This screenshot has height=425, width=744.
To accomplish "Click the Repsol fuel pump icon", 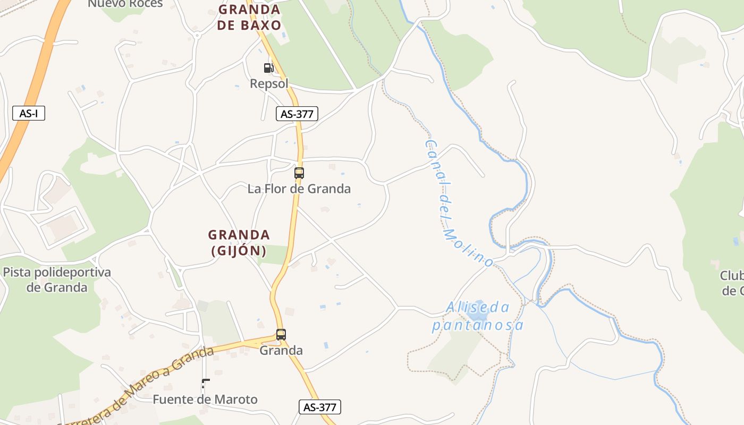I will [x=268, y=67].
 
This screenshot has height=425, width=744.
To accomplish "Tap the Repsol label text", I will [x=269, y=83].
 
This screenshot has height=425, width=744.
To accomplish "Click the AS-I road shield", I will [x=29, y=113].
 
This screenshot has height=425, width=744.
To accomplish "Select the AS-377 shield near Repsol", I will [x=297, y=113].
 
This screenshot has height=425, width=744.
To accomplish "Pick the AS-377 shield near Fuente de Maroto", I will [x=319, y=407].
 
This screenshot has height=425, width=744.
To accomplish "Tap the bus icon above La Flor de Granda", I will [x=299, y=173].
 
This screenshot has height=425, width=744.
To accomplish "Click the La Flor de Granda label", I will [x=299, y=189].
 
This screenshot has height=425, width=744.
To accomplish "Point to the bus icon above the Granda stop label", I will [x=281, y=335].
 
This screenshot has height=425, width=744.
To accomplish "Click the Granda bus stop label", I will [x=281, y=351].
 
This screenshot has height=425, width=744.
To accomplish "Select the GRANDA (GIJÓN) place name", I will [x=239, y=242].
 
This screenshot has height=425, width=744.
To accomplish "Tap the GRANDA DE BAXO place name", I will [x=249, y=17].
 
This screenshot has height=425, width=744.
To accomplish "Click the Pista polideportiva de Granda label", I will [x=57, y=280].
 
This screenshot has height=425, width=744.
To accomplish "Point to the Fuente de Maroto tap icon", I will [x=205, y=384].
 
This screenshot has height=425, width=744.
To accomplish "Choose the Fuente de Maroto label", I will [x=205, y=399].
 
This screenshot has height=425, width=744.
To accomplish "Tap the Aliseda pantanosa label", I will [x=478, y=316].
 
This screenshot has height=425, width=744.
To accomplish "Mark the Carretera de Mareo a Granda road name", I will [x=136, y=387].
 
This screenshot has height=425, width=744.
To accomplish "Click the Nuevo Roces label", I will [x=125, y=4].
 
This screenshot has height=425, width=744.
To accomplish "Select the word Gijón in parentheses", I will [x=239, y=250].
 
